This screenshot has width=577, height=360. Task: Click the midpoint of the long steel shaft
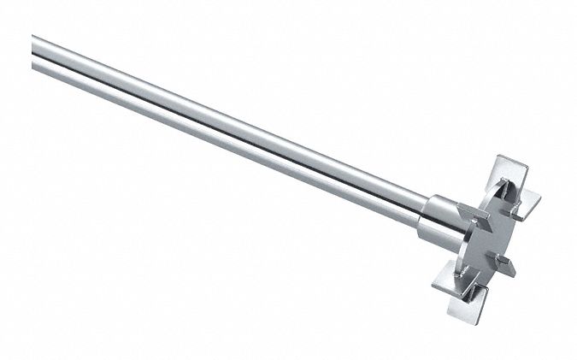pyautogui.click(x=231, y=129)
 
